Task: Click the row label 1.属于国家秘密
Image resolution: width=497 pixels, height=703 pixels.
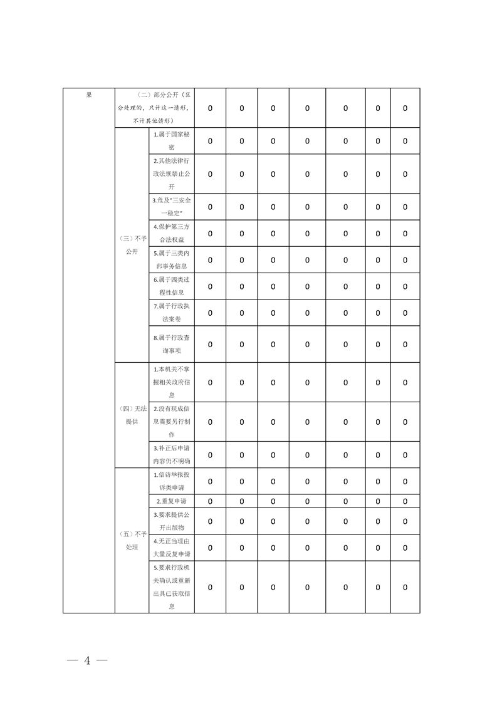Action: coord(171,140)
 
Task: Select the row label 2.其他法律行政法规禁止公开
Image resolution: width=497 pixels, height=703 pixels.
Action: coord(171,174)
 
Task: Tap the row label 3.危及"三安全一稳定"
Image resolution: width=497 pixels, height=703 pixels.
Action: coord(171,206)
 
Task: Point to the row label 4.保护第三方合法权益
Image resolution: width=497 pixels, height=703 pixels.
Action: coord(171,232)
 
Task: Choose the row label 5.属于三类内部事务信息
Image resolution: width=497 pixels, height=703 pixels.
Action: coord(171,259)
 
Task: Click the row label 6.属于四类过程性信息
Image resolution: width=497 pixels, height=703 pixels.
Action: coord(171,286)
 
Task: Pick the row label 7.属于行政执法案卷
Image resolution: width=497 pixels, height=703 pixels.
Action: coord(171,312)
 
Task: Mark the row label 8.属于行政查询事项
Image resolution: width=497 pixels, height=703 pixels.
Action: coord(171,344)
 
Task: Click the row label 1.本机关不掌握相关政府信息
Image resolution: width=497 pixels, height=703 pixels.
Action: coord(171,382)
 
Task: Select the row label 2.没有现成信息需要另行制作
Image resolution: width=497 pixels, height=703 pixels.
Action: coord(171,422)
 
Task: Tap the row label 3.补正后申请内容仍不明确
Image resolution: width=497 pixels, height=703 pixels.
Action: coord(171,454)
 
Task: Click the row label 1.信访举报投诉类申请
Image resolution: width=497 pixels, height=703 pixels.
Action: coord(171,481)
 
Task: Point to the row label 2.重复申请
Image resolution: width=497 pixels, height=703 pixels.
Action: coord(171,501)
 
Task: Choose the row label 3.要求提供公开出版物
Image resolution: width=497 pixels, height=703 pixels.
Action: coord(171,521)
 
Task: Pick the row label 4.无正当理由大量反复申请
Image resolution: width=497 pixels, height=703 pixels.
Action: coord(171,547)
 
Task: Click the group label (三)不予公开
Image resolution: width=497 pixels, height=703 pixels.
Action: coord(132,245)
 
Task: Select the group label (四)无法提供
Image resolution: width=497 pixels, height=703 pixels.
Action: coord(132,415)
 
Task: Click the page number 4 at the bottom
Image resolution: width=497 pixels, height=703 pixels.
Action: coord(88,660)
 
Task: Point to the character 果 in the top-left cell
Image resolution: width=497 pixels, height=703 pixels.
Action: coord(89,95)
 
